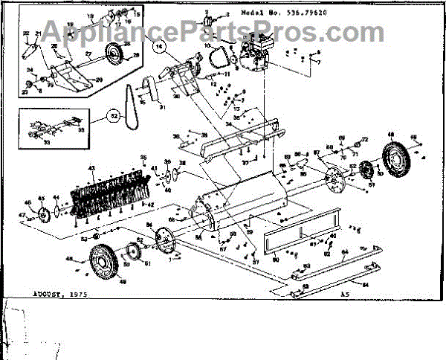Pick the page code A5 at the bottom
(343, 295)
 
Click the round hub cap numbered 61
(135, 257)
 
